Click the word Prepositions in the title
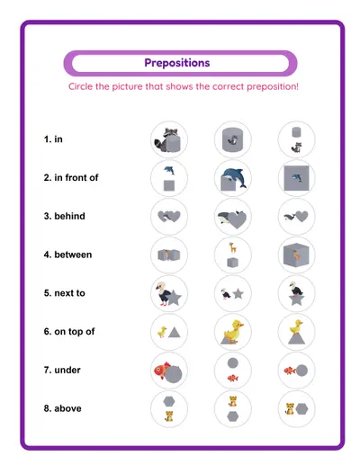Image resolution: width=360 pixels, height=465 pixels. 177,63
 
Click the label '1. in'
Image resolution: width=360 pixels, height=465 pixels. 53,139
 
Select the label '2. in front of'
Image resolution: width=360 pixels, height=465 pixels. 71,178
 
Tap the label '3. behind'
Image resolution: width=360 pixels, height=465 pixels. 62,217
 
